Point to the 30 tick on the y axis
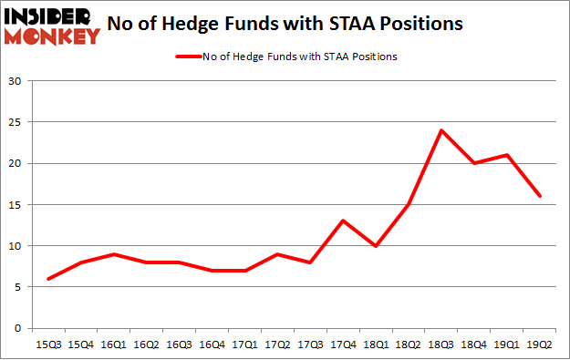(x=15, y=81)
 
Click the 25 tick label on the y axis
(x=15, y=122)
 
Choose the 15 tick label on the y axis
(x=15, y=204)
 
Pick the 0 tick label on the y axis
(x=18, y=328)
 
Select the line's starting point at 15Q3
(x=47, y=279)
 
